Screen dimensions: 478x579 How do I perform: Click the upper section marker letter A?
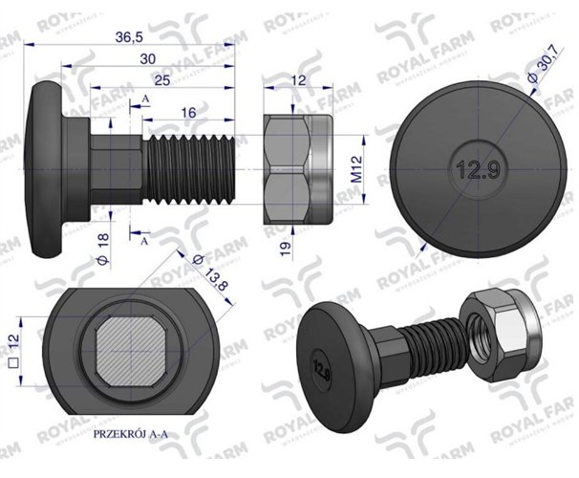[x=144, y=99]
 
